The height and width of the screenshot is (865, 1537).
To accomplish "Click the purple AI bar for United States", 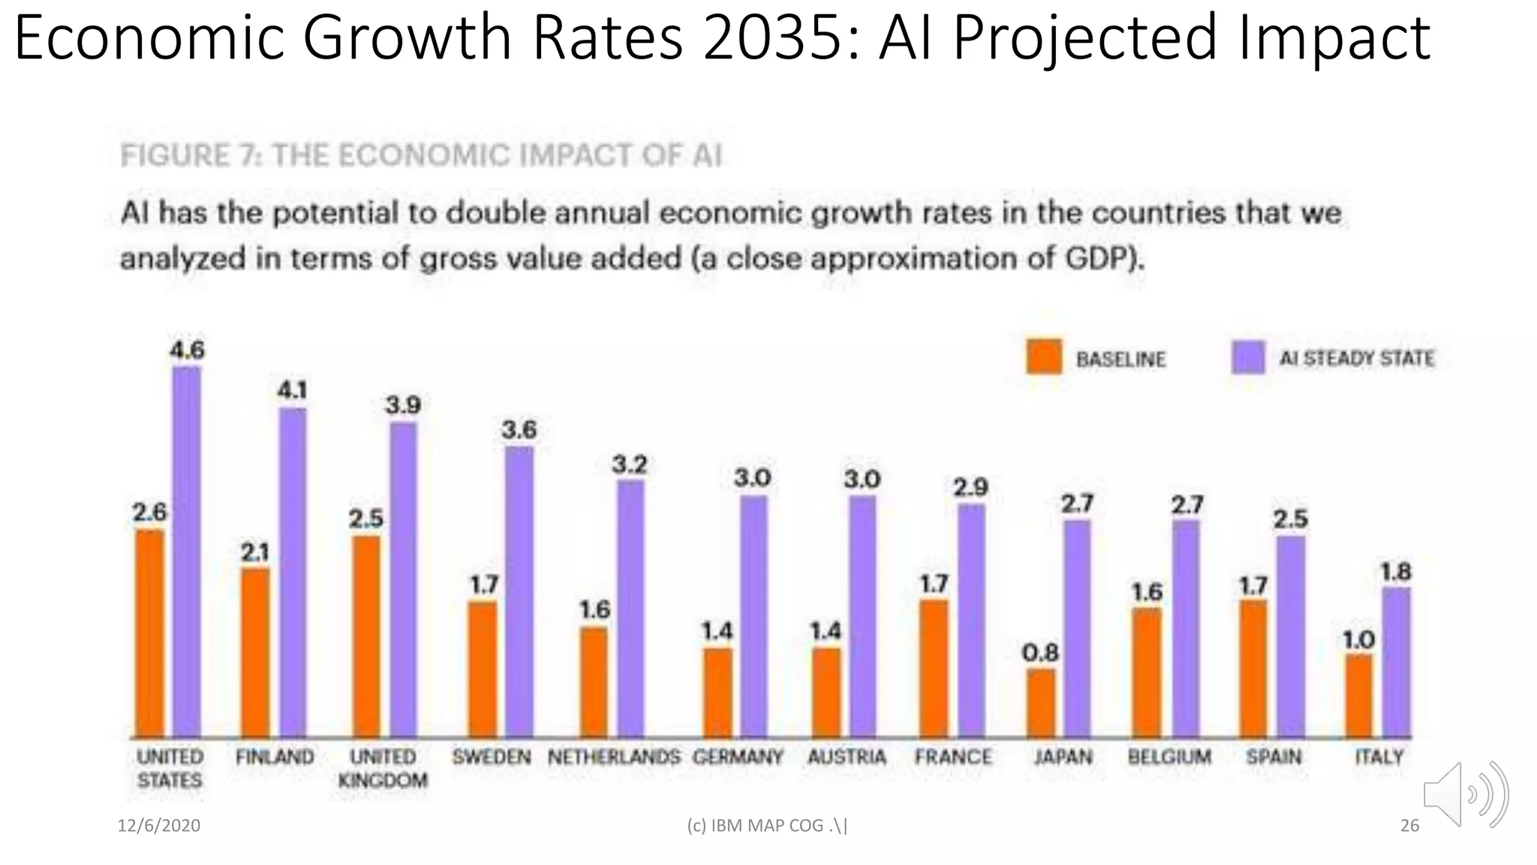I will pyautogui.click(x=186, y=552).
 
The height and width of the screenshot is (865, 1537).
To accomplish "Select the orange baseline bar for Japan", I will pyautogui.click(x=1041, y=703).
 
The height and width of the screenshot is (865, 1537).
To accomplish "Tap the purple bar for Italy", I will pyautogui.click(x=1396, y=662).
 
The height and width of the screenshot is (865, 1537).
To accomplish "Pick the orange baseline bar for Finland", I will pyautogui.click(x=255, y=652).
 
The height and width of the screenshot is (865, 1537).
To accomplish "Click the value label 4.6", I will pyautogui.click(x=187, y=351).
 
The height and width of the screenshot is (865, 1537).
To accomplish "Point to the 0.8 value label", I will pyautogui.click(x=1040, y=653).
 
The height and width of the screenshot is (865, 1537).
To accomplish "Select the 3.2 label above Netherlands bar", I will pyautogui.click(x=629, y=465).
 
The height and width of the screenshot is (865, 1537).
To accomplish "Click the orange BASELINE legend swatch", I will pyautogui.click(x=1044, y=357).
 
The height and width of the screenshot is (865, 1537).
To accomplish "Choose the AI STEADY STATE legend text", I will pyautogui.click(x=1356, y=358).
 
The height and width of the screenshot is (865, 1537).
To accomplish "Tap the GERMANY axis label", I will pyautogui.click(x=737, y=757).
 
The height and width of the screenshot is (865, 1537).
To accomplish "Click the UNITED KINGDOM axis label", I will pyautogui.click(x=383, y=768).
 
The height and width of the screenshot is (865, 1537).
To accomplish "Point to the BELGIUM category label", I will pyautogui.click(x=1169, y=757).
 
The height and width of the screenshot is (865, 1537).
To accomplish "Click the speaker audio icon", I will pyautogui.click(x=1464, y=794).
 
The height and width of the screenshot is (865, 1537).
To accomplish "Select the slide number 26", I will pyautogui.click(x=1409, y=826).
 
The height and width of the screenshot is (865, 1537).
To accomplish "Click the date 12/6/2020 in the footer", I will pyautogui.click(x=159, y=826).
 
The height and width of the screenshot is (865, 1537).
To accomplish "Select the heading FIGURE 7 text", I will pyautogui.click(x=420, y=155).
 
